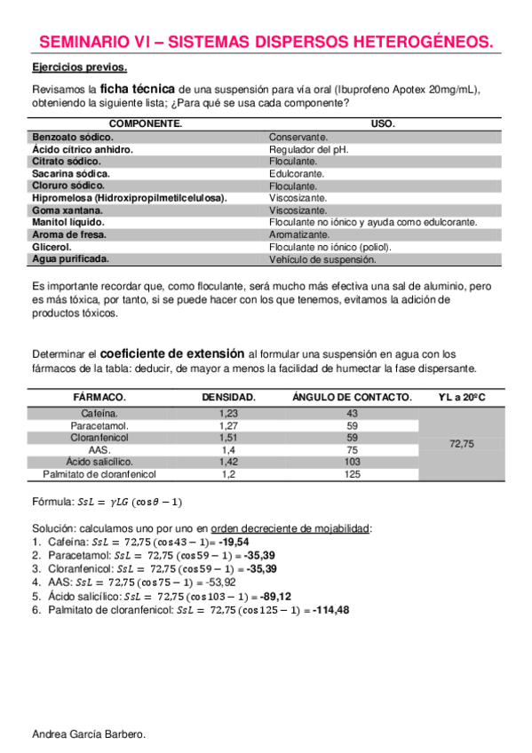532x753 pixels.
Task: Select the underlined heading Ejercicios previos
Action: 79,68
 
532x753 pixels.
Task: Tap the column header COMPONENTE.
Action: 146,124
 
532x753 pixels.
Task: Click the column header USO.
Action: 383,124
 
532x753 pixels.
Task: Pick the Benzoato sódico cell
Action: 73,138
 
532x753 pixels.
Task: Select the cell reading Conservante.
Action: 298,138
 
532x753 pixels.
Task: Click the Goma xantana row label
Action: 72,210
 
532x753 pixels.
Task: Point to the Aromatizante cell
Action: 299,234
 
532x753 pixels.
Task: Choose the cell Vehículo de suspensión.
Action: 322,259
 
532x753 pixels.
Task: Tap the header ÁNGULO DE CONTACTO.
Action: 352,397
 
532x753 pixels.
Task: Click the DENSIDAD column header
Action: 228,397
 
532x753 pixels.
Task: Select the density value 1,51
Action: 228,438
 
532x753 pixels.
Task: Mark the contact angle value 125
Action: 352,474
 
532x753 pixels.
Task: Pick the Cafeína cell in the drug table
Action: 99,413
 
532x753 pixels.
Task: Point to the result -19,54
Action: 234,542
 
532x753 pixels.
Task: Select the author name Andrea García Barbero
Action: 88,733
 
